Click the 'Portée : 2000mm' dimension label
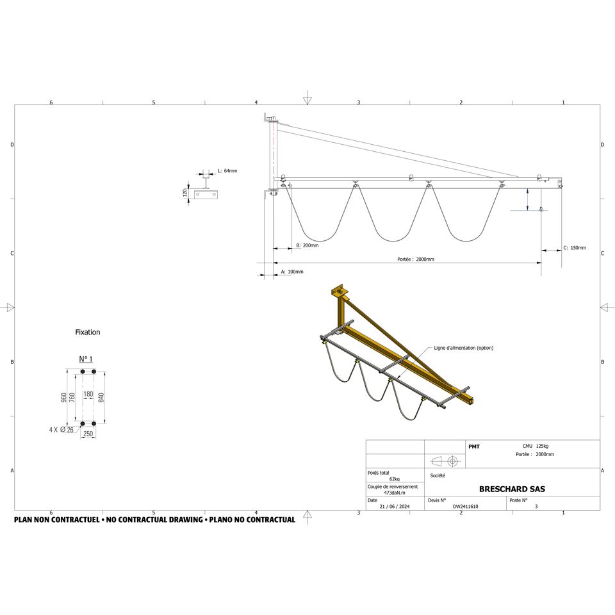(x=415, y=259)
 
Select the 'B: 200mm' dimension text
(x=307, y=245)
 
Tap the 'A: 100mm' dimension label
(x=292, y=272)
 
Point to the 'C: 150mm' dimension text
(x=575, y=248)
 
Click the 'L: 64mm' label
(x=227, y=171)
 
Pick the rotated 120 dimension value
(x=184, y=193)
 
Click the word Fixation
(x=88, y=332)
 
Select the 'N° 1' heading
(x=86, y=359)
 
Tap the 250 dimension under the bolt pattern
(x=88, y=434)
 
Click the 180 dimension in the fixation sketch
(x=88, y=394)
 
